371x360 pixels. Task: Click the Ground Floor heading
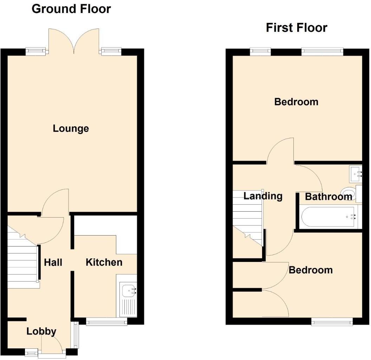pyautogui.click(x=71, y=9)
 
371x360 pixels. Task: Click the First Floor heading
pyautogui.click(x=297, y=27)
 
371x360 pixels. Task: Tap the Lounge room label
pyautogui.click(x=71, y=129)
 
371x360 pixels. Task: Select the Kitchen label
pyautogui.click(x=104, y=262)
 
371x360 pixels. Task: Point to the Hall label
pyautogui.click(x=53, y=262)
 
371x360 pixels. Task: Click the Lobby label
pyautogui.click(x=41, y=331)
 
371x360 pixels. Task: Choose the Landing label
pyautogui.click(x=263, y=196)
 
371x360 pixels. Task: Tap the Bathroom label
pyautogui.click(x=328, y=197)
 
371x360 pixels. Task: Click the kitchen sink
pyautogui.click(x=129, y=291)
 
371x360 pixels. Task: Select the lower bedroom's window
pyautogui.click(x=332, y=321)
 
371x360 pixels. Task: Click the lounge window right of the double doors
pyautogui.click(x=111, y=51)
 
